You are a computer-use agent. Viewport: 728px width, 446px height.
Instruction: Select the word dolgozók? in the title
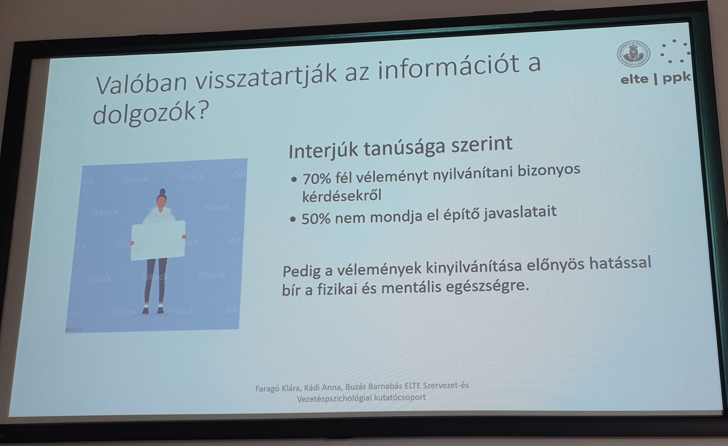151,114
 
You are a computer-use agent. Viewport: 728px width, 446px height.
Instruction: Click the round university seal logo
633,54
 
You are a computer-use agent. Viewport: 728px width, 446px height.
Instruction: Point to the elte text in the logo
634,79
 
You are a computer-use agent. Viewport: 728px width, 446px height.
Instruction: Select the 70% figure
317,178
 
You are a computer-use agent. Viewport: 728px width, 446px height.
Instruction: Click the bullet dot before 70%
294,179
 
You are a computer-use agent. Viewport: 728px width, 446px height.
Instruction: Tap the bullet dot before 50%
293,219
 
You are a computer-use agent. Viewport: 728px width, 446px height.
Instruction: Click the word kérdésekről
342,196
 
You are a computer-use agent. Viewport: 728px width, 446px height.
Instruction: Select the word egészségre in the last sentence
487,286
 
